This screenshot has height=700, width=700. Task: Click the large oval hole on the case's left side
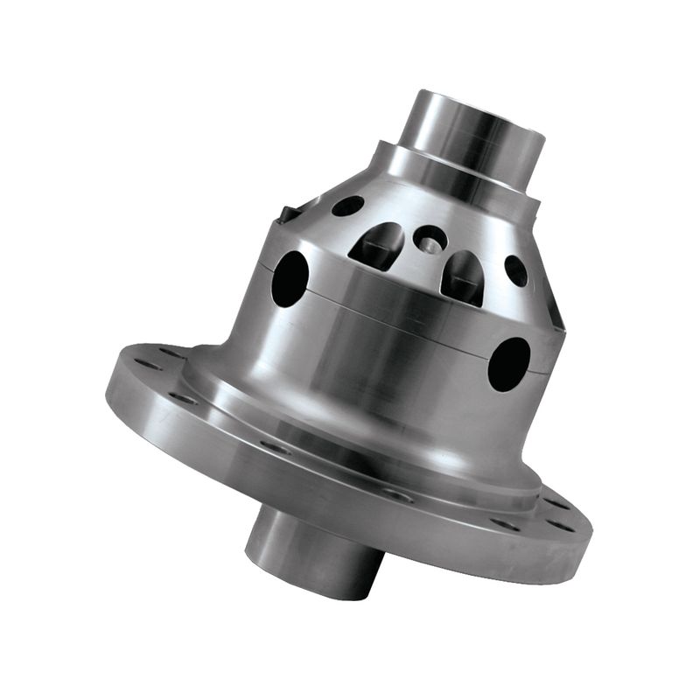pyautogui.click(x=290, y=278)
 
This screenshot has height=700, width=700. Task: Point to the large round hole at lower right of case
pyautogui.click(x=509, y=363)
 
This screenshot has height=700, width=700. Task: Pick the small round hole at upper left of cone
pyautogui.click(x=347, y=206)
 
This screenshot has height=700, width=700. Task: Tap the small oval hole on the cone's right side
pyautogui.click(x=515, y=270)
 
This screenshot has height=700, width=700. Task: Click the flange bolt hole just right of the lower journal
pyautogui.click(x=399, y=495)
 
